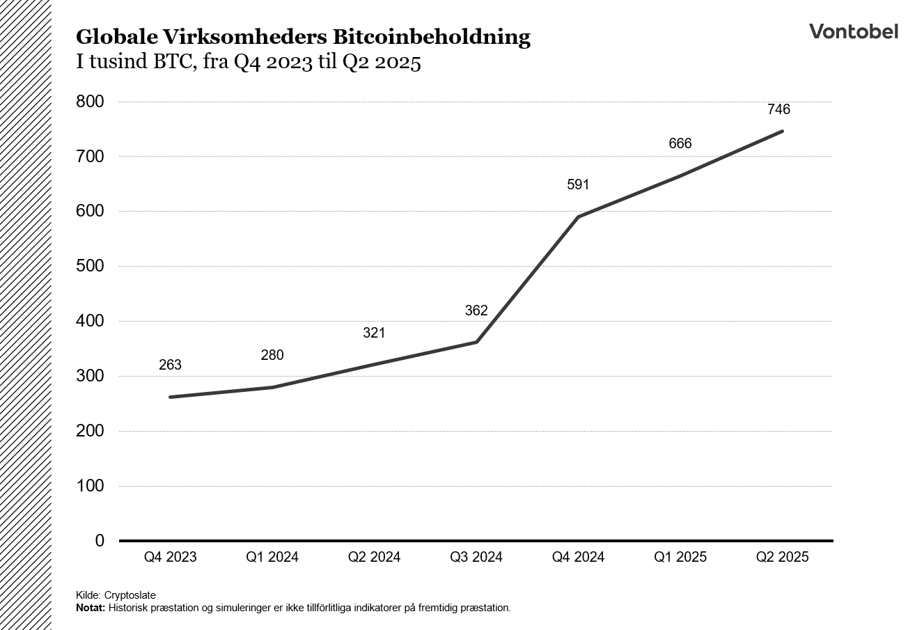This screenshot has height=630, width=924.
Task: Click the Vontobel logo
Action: point(853,31)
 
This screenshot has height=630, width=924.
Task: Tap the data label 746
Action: point(778,109)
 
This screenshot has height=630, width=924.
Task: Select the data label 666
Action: point(680,143)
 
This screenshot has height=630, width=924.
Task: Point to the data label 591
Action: point(578,184)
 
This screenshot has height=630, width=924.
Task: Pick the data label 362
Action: point(476,310)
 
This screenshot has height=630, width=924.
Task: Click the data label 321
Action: point(374,333)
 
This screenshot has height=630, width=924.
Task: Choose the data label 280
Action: point(272,355)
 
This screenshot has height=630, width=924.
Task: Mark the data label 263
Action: point(170,365)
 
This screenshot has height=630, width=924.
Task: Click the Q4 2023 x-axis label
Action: point(170,557)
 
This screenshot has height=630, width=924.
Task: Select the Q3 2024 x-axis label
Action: point(476,557)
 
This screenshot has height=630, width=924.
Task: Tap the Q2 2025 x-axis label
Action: point(783,557)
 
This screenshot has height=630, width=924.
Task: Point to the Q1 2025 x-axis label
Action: point(680,557)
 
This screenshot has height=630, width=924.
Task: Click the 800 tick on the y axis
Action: point(89,102)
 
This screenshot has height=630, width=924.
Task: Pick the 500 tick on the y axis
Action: point(89,267)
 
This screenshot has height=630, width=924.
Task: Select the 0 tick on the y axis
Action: point(99,541)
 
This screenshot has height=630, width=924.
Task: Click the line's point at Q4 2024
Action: point(578,216)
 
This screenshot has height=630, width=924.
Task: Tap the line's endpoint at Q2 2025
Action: point(783,131)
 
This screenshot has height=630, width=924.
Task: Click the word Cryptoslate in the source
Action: point(130,595)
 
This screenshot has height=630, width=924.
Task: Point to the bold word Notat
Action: point(91,608)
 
